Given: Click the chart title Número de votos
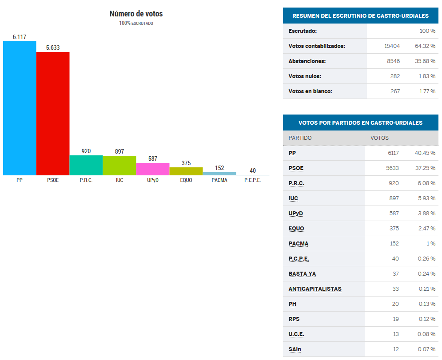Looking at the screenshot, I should coord(136,14).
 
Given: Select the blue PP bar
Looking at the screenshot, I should coord(20,108).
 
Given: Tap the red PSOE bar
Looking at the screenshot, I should coord(53,114).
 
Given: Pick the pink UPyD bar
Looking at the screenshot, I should coord(152,169).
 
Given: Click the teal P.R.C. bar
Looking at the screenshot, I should coord(86,165).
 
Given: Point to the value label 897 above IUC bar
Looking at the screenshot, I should coord(119,151).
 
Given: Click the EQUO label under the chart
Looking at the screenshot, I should coord(186,181).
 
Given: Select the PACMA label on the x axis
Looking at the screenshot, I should coord(219,181).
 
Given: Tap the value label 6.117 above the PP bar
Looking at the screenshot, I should coord(20,37).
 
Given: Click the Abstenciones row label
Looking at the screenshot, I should coord(307,61).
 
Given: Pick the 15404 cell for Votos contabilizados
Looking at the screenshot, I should coord(392,46).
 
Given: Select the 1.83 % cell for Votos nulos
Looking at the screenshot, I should coord(426,76).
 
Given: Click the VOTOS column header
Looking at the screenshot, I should coord(379,138).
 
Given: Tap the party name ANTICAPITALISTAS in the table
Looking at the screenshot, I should coord(315,289).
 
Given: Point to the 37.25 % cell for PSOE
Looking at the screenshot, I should coord(424,168).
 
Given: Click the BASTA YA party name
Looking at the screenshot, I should coord(302,274).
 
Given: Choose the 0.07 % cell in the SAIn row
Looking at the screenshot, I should coord(426,349).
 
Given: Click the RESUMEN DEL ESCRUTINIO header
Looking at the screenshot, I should coord(360,16).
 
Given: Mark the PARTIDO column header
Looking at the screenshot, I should coord(300,138).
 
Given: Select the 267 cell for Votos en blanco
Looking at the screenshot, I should coord(394,91).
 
